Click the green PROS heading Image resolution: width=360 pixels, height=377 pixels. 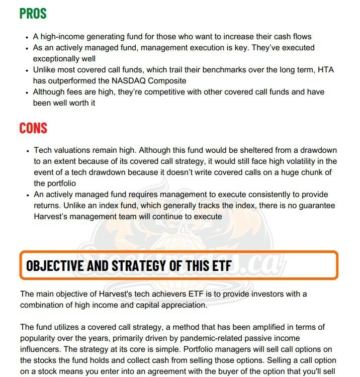pos(33,13)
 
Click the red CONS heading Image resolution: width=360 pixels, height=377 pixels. pos(33,128)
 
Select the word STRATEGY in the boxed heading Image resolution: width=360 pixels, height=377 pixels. pos(137,265)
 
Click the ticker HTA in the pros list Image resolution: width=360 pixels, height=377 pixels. pos(325,70)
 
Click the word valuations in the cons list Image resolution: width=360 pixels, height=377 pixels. pos(72,150)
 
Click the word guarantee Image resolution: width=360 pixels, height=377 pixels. pos(314,206)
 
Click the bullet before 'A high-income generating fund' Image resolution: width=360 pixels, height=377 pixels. pos(26,37)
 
